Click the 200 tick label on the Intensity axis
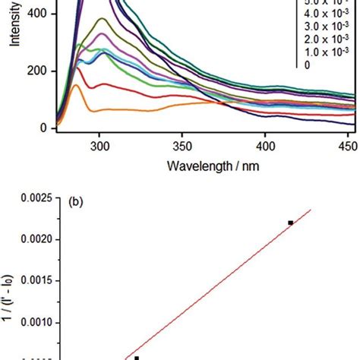[x=37, y=71]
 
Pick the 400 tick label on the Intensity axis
[x=37, y=14]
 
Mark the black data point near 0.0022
[x=291, y=223]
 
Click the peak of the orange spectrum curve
[x=76, y=86]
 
